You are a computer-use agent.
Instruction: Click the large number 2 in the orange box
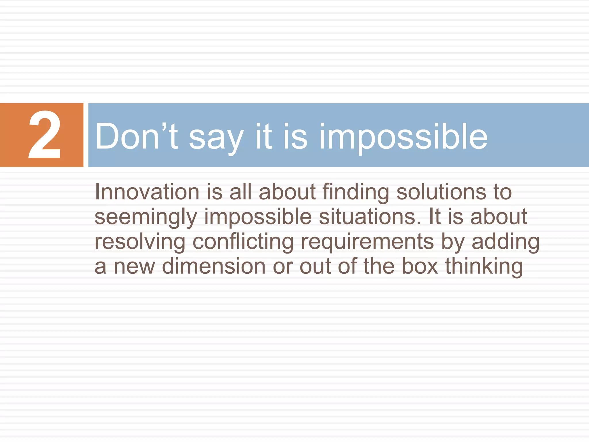coord(45,135)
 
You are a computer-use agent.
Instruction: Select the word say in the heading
coord(216,137)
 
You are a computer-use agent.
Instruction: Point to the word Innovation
coord(147,192)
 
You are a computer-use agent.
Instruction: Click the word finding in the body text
coord(356,192)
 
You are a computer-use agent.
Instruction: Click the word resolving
coord(140,242)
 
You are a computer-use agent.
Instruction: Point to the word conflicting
coord(243,242)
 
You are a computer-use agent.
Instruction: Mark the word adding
coord(505,242)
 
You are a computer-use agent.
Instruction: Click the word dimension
coord(214,266)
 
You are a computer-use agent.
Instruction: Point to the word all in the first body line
coord(240,192)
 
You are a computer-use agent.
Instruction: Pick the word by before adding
coord(453,242)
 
